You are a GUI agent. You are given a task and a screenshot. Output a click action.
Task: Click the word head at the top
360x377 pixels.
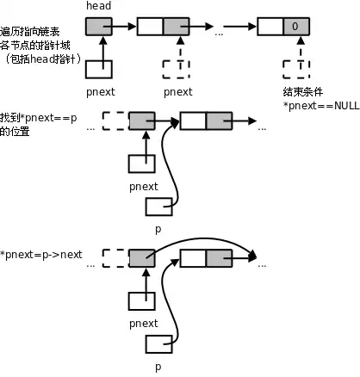99,6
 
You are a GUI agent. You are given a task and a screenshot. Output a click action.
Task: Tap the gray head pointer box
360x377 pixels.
99,25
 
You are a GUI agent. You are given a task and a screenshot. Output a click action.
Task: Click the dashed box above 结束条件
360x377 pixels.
295,66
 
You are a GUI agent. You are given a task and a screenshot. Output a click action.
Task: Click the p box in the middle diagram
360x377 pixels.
158,207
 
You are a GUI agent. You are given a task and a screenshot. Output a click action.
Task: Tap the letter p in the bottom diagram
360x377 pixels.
158,367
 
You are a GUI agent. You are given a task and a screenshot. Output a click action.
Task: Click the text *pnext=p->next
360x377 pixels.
42,255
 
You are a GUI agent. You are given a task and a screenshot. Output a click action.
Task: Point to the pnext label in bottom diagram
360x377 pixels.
143,324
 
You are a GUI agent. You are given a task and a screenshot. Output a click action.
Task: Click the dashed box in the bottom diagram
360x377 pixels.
115,256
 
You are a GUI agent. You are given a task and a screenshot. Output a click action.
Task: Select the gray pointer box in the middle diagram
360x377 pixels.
141,121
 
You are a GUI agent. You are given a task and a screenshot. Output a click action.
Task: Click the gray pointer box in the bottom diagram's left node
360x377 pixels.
141,256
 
